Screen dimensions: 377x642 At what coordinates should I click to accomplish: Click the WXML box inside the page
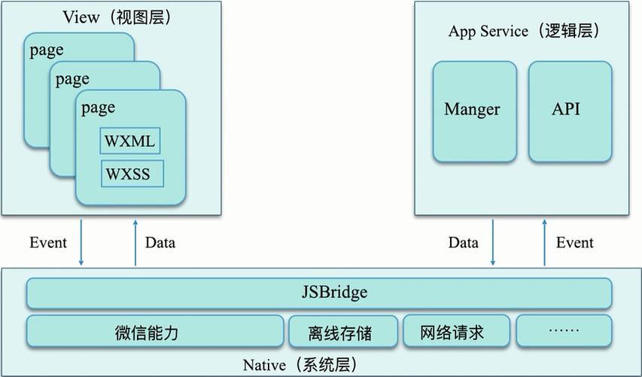(x=130, y=142)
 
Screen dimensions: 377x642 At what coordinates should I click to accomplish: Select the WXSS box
(x=132, y=175)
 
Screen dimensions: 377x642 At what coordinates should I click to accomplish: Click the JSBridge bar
(x=319, y=293)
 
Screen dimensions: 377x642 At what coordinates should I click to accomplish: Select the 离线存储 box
(x=342, y=333)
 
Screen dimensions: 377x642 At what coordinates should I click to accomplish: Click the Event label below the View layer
(x=48, y=243)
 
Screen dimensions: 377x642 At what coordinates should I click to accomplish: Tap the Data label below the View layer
(x=160, y=243)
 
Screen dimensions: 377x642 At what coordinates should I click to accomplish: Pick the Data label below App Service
(x=464, y=243)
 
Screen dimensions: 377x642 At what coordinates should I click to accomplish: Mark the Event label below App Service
(x=574, y=243)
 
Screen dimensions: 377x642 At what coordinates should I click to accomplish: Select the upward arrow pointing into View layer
(x=135, y=242)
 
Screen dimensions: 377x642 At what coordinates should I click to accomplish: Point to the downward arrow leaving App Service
(x=493, y=242)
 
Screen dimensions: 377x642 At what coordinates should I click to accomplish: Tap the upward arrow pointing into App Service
(x=544, y=242)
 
